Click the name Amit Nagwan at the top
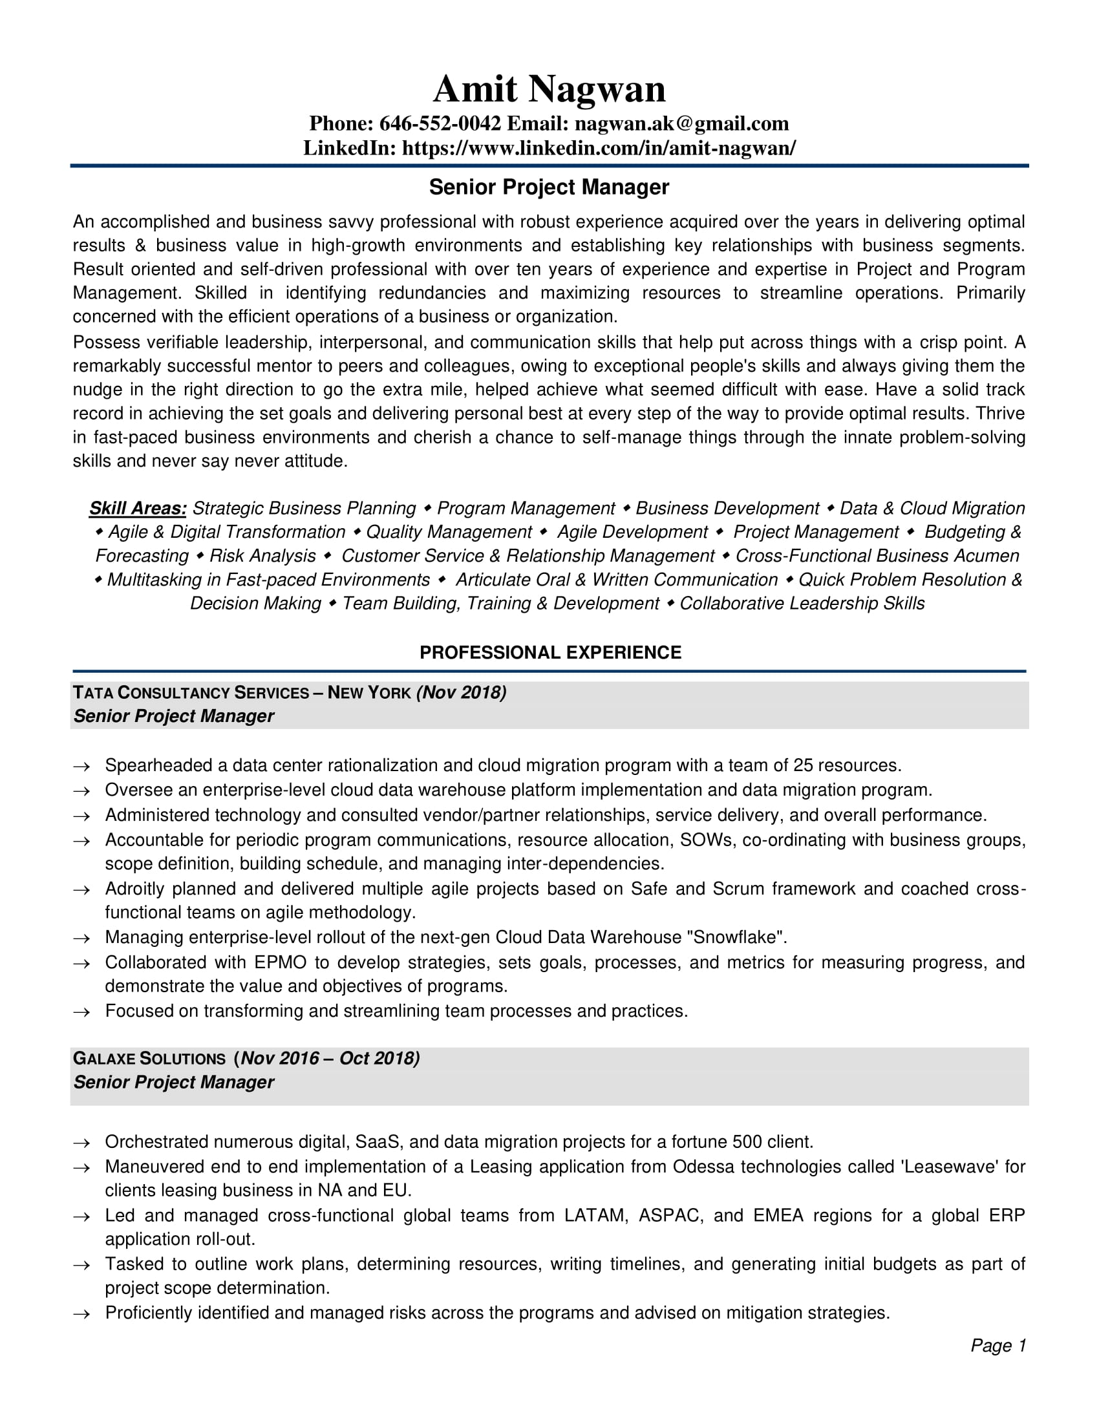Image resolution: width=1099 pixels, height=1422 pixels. click(x=549, y=89)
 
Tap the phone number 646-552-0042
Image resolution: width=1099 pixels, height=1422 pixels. click(x=440, y=123)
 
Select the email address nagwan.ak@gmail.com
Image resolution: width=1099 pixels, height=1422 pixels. click(x=681, y=123)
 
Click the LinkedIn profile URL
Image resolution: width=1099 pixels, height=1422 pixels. click(x=599, y=148)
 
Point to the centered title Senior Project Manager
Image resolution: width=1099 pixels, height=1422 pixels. click(x=549, y=187)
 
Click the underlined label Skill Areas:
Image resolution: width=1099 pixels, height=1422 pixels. click(x=138, y=508)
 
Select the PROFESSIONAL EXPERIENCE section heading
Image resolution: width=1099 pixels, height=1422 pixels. click(x=550, y=652)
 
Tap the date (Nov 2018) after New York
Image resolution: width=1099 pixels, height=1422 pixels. click(x=462, y=692)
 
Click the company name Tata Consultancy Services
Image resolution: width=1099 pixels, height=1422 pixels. click(x=191, y=693)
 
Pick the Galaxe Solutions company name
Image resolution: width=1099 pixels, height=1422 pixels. click(x=149, y=1059)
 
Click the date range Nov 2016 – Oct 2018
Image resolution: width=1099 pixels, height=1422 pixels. click(x=330, y=1058)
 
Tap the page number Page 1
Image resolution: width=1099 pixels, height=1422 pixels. click(x=998, y=1345)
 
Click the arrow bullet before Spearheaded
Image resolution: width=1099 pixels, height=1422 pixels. click(x=81, y=767)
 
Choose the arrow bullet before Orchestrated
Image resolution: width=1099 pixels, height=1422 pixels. click(x=81, y=1143)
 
